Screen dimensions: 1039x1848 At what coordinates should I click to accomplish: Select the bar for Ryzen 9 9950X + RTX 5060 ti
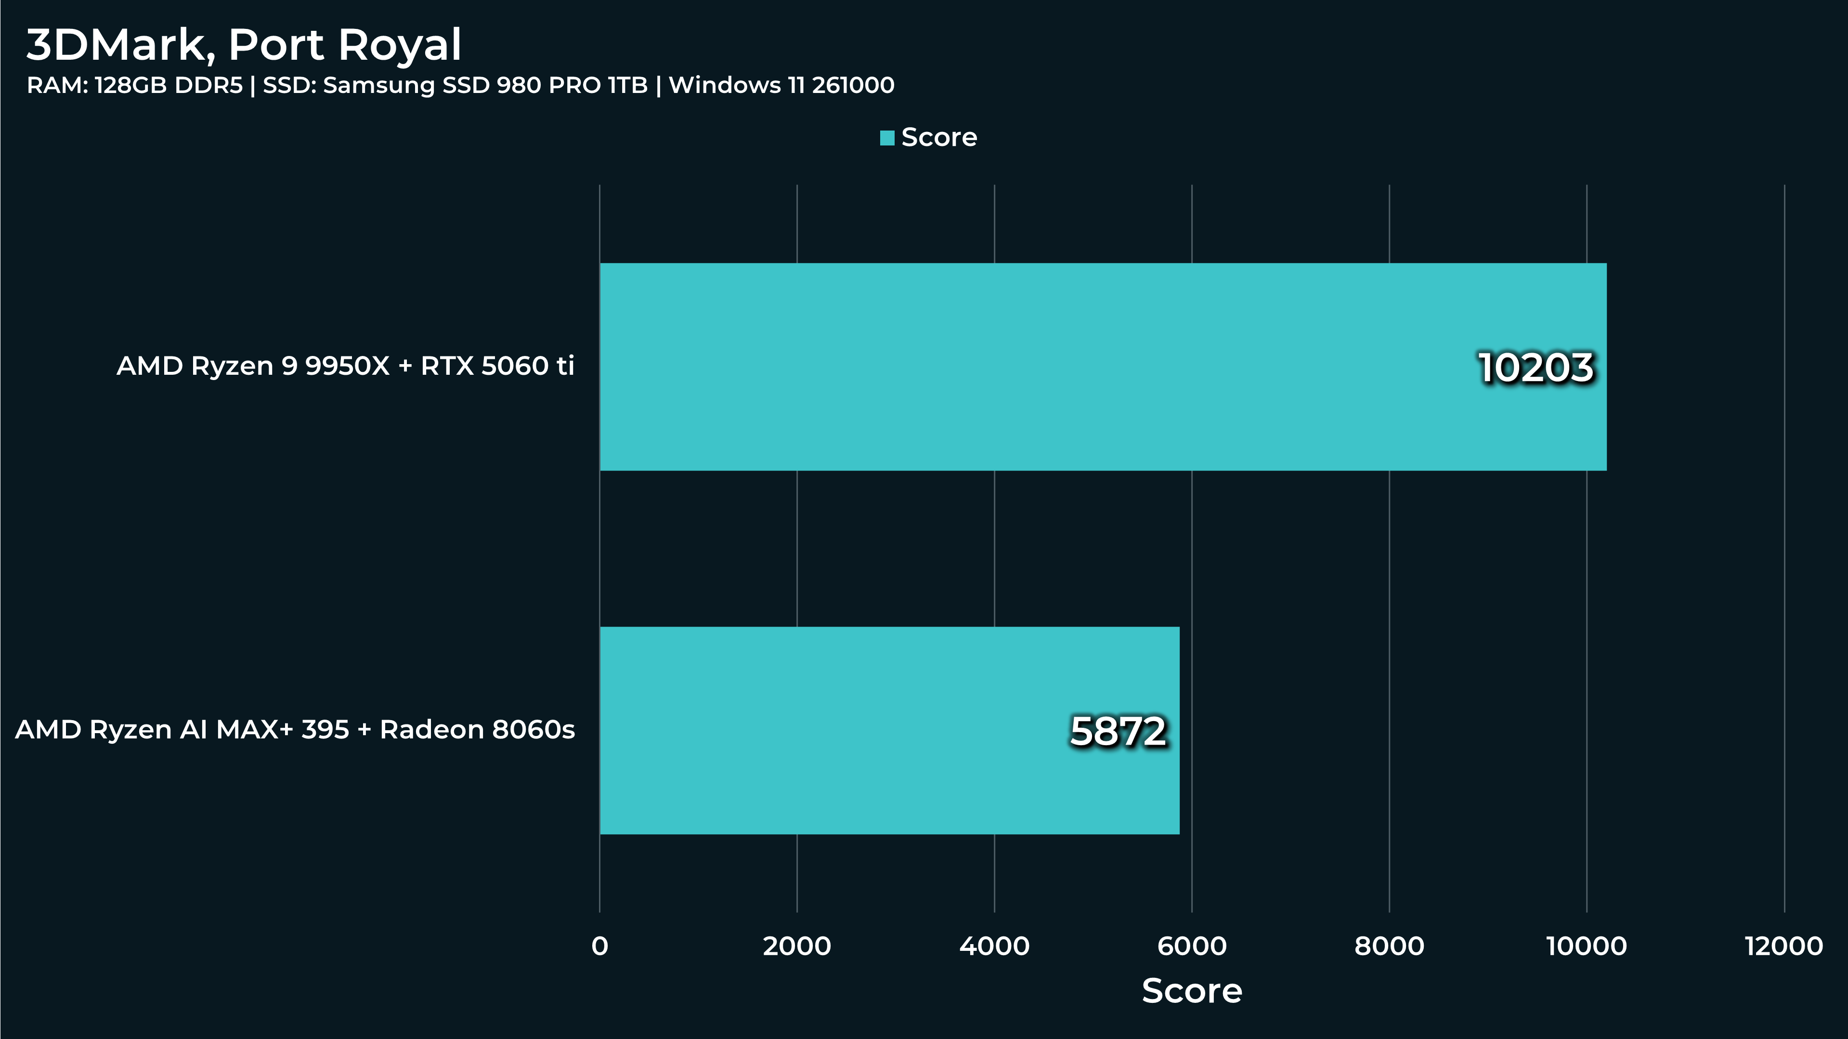tap(1103, 367)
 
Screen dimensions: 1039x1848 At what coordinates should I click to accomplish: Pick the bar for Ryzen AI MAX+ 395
tap(889, 730)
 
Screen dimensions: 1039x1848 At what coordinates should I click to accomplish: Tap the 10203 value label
tap(1536, 368)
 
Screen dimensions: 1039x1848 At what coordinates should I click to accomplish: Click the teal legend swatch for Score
tap(887, 138)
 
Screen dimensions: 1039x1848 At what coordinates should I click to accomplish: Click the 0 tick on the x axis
tap(600, 947)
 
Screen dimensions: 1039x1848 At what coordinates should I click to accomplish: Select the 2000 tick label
tap(797, 947)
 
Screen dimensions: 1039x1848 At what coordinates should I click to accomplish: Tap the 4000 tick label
tap(994, 947)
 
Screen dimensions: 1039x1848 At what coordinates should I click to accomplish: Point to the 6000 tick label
tap(1192, 947)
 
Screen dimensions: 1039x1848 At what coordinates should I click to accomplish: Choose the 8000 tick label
tap(1390, 947)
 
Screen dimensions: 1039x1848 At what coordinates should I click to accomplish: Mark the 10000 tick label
tap(1587, 947)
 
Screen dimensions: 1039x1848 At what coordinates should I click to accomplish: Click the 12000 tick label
tap(1784, 947)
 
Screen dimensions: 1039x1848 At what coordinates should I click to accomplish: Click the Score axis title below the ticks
tap(1192, 991)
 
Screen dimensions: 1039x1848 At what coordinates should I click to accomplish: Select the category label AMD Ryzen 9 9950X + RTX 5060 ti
tap(345, 366)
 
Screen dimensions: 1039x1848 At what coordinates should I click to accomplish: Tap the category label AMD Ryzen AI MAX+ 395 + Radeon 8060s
tap(295, 730)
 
